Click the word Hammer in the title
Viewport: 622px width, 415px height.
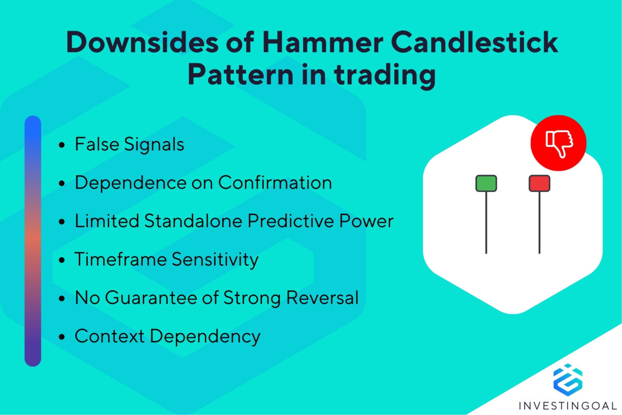(322, 42)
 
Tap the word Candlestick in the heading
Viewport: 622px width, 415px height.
(475, 42)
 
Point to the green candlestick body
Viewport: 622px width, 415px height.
(486, 183)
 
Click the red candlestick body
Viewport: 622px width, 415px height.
(540, 183)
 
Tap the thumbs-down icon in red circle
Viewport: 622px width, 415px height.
(558, 143)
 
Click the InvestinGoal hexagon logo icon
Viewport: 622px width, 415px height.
(568, 379)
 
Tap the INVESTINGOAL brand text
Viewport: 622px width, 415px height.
(568, 406)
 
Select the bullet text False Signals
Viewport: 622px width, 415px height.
(129, 144)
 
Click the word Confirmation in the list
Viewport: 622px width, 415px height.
(275, 183)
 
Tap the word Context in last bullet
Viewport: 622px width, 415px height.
(110, 336)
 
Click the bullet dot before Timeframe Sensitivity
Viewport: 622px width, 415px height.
(62, 260)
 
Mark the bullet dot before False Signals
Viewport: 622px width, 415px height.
(62, 145)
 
